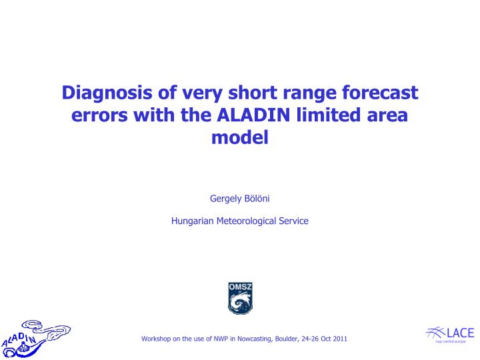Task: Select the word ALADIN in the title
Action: (x=256, y=115)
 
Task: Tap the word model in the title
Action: (x=240, y=137)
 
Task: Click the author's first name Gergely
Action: (x=225, y=199)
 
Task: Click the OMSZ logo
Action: (x=240, y=298)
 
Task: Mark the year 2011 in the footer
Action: (x=339, y=339)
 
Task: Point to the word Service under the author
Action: (x=295, y=221)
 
